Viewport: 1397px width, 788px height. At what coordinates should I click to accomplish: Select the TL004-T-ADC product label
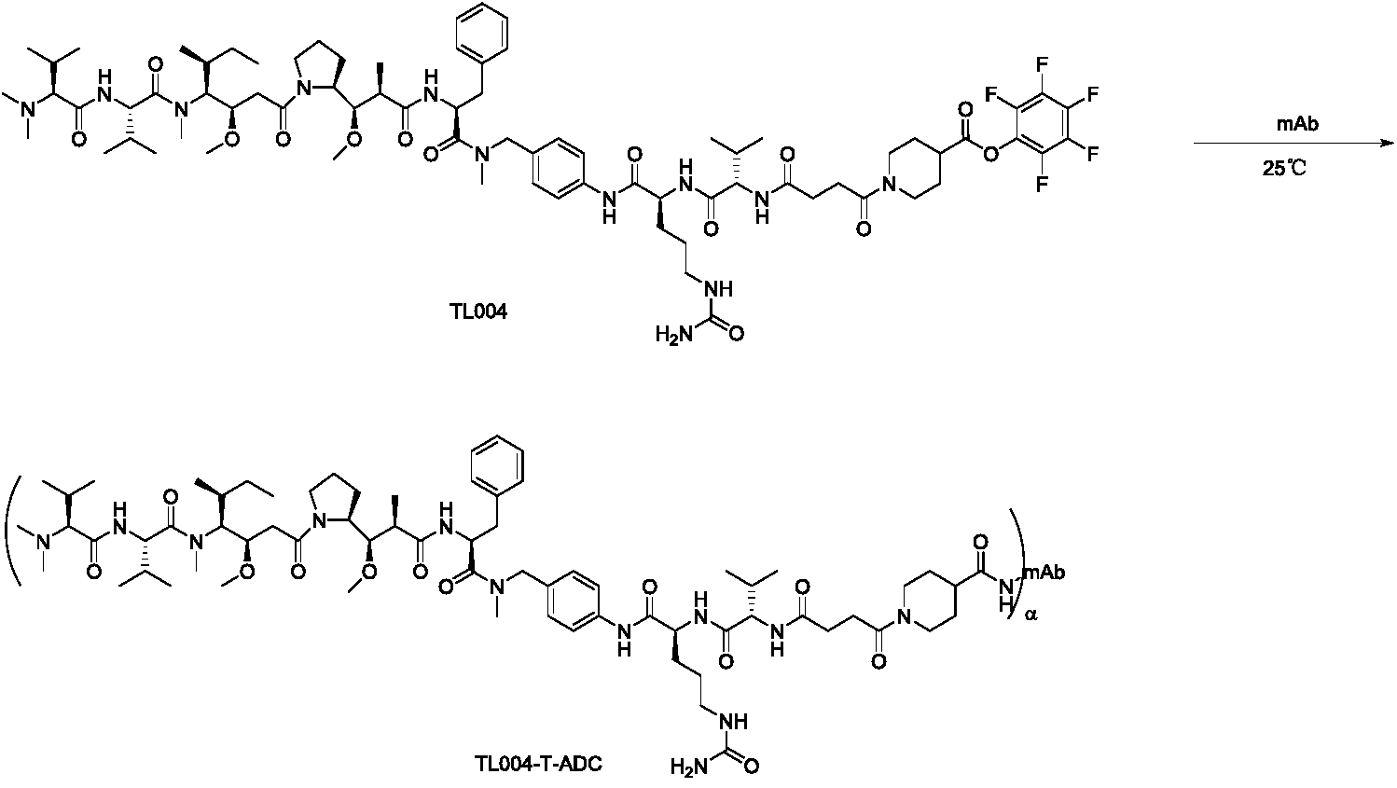point(536,765)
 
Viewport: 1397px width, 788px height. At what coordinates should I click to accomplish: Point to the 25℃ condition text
point(1297,167)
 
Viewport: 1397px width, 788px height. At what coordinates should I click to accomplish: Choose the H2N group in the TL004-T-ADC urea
point(688,768)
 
